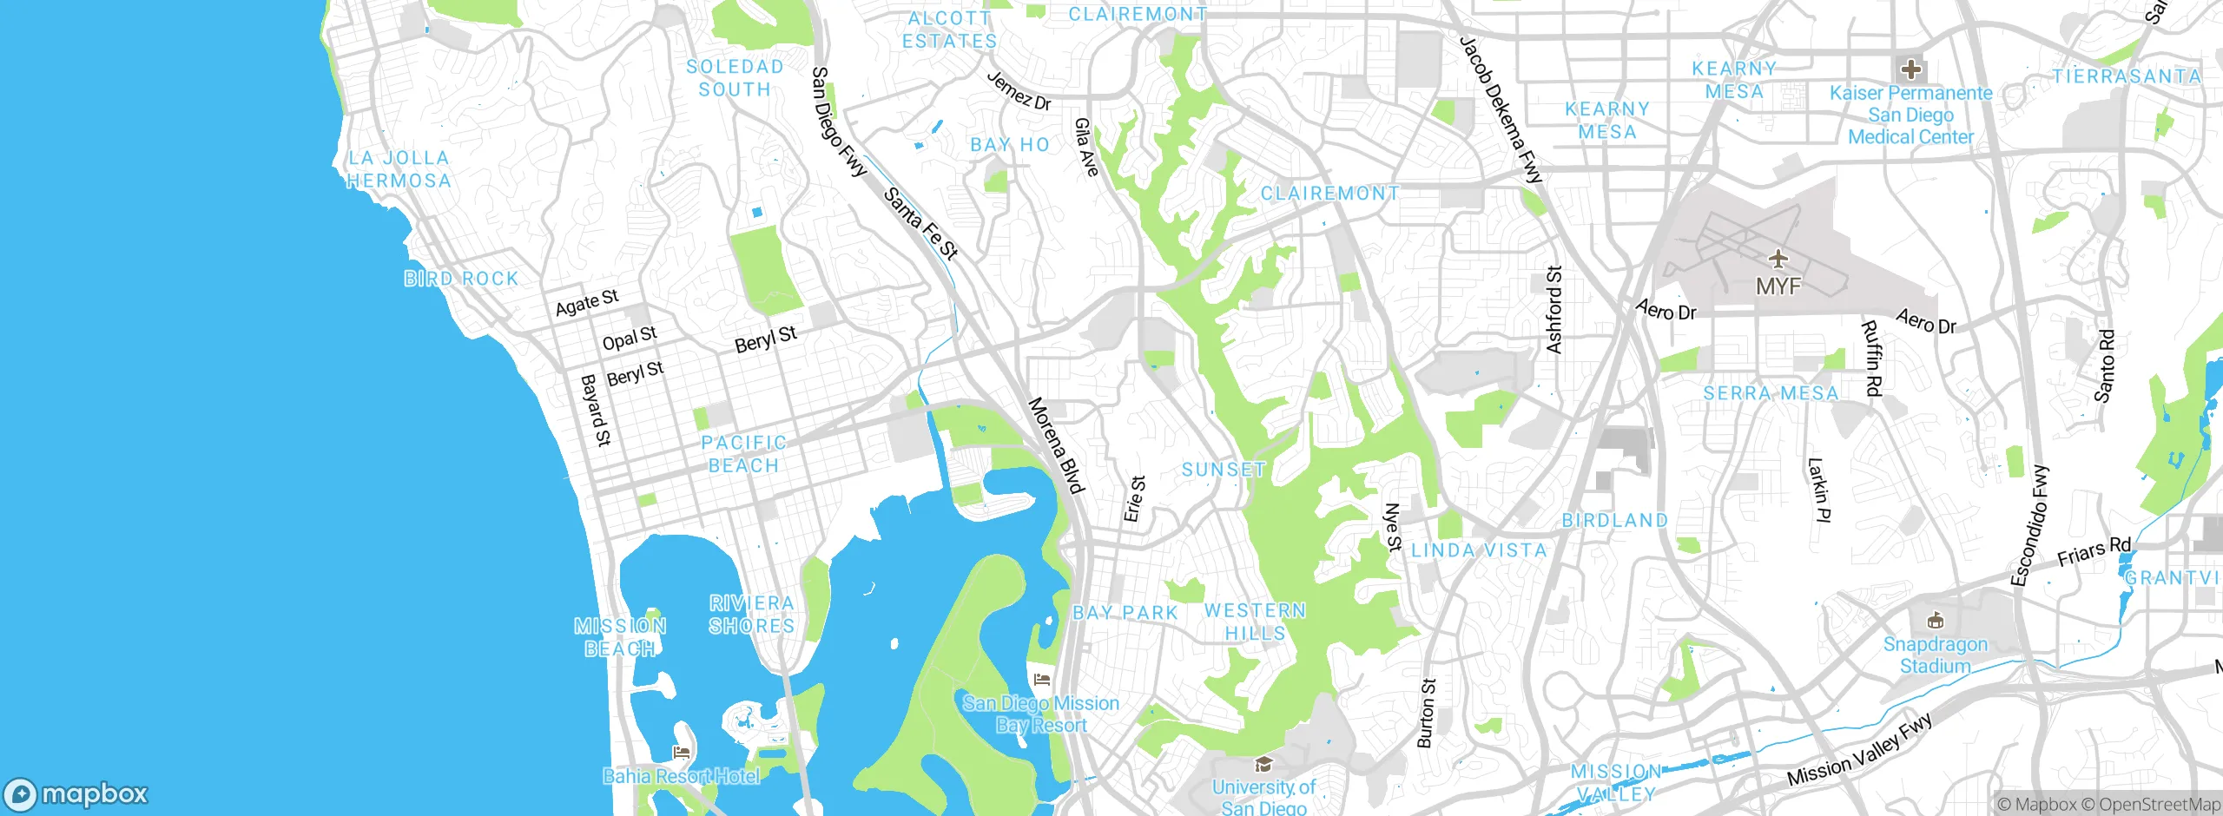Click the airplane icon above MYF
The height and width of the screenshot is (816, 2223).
(1778, 259)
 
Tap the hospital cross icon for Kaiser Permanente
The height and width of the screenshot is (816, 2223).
(1910, 69)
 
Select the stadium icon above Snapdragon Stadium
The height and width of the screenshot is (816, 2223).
(1935, 621)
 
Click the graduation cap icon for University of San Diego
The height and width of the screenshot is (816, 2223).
(1263, 765)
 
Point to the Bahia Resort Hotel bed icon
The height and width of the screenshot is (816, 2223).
(682, 752)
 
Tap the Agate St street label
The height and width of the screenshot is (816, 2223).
(587, 303)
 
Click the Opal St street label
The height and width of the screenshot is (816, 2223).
(630, 339)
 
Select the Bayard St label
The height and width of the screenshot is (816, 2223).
(596, 410)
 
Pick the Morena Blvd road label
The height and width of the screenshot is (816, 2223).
(1056, 445)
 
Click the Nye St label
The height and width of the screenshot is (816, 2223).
(1393, 527)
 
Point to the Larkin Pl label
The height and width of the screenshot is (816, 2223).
(1818, 490)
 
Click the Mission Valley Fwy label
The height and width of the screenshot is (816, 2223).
(1859, 751)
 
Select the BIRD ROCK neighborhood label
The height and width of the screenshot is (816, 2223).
(461, 279)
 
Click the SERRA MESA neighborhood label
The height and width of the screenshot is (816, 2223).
(1771, 393)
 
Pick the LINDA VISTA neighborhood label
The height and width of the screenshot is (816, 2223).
(1479, 550)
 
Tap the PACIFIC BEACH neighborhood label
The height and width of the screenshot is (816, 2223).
(743, 454)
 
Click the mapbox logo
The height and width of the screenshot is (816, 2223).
(76, 794)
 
